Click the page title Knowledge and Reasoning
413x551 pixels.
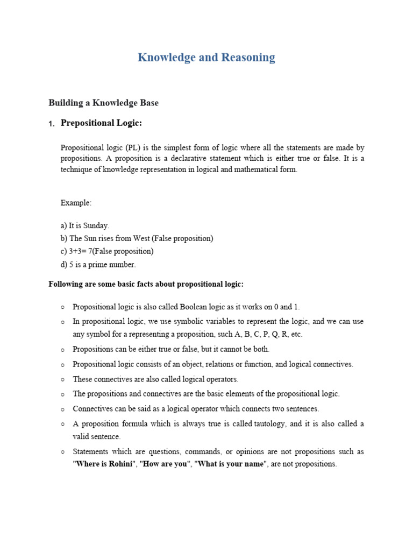pyautogui.click(x=206, y=58)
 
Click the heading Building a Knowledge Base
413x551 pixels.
pyautogui.click(x=103, y=102)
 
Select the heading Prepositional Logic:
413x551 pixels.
pyautogui.click(x=101, y=123)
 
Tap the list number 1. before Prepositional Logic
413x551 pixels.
pyautogui.click(x=52, y=124)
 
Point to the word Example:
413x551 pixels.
pyautogui.click(x=76, y=203)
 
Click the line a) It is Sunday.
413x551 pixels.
pyautogui.click(x=85, y=225)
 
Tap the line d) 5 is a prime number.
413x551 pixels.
pyautogui.click(x=98, y=264)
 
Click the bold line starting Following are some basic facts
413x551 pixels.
pyautogui.click(x=146, y=284)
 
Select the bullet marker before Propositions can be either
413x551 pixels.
pyautogui.click(x=63, y=349)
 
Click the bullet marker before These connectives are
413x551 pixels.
pyautogui.click(x=63, y=379)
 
